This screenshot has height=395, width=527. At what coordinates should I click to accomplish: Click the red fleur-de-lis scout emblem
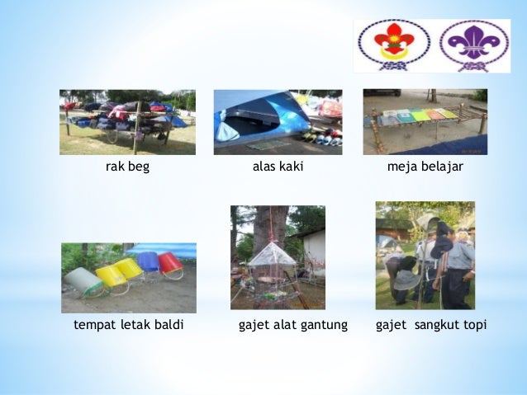pos(392,45)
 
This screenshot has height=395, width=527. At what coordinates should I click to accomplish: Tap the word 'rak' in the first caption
pos(115,167)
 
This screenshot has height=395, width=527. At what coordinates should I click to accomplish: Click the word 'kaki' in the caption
pos(290,167)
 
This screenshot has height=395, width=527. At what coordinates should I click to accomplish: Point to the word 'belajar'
pos(442,167)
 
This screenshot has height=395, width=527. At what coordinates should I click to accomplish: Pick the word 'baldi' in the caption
pos(169,325)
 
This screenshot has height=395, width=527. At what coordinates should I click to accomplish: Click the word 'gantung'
pos(325,326)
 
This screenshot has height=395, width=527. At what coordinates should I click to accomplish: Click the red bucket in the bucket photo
pos(170,263)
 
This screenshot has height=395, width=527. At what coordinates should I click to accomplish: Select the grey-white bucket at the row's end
pos(83,280)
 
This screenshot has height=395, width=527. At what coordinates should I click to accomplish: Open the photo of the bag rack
pos(127,122)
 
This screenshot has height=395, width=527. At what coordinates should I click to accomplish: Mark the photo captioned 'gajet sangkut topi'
pos(425,255)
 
